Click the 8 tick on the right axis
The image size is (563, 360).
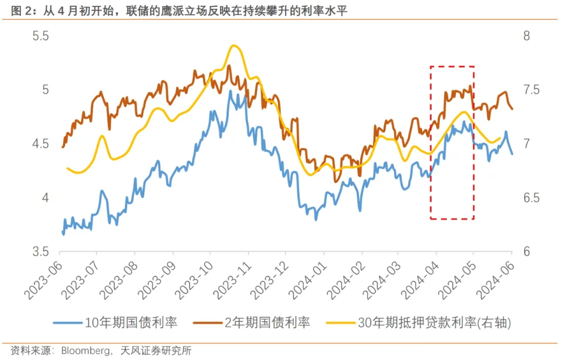coord(526,36)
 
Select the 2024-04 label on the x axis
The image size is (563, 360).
coord(422,279)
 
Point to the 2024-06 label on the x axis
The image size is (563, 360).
coord(497,279)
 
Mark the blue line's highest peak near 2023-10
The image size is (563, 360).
coord(230,91)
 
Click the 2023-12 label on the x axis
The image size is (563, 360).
coord(272,279)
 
